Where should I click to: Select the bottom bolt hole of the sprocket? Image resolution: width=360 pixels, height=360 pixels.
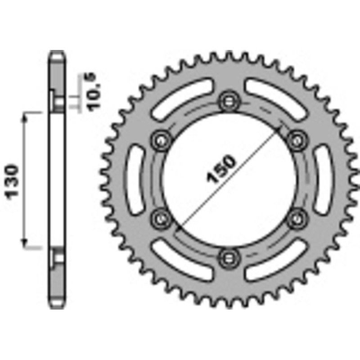click(x=227, y=257)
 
